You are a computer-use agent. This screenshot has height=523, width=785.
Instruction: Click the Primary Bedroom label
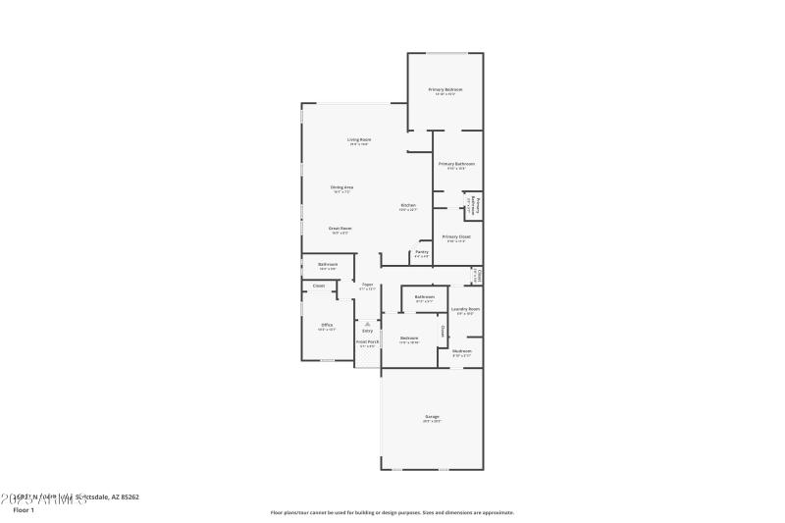pyautogui.click(x=445, y=89)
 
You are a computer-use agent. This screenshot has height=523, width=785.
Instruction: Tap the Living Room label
pyautogui.click(x=359, y=140)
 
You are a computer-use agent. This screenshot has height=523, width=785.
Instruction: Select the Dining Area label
pyautogui.click(x=341, y=186)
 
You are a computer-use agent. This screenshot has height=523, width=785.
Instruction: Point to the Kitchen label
pyautogui.click(x=408, y=205)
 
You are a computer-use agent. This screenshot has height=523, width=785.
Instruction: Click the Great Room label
pyautogui.click(x=340, y=228)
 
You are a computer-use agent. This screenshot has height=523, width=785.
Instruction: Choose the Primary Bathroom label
pyautogui.click(x=456, y=164)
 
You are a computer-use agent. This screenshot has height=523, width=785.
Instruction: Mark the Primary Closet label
pyautogui.click(x=456, y=236)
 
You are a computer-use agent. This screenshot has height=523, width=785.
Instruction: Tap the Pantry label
pyautogui.click(x=421, y=252)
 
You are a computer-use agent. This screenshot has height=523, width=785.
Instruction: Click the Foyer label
pyautogui.click(x=367, y=285)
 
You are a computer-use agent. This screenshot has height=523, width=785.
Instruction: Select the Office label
pyautogui.click(x=327, y=325)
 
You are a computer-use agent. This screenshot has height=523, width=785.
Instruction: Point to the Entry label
pyautogui.click(x=368, y=331)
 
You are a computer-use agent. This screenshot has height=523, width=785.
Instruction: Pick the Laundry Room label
pyautogui.click(x=465, y=309)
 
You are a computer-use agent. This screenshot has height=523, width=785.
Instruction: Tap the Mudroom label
pyautogui.click(x=461, y=350)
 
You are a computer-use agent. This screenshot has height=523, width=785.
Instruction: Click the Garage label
pyautogui.click(x=432, y=417)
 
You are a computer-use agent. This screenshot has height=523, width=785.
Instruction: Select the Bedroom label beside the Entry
pyautogui.click(x=409, y=339)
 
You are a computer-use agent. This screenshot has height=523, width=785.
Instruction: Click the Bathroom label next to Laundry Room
pyautogui.click(x=424, y=296)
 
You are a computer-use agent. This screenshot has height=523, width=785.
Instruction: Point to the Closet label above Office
pyautogui.click(x=319, y=286)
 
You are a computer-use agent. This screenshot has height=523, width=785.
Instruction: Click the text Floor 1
pyautogui.click(x=23, y=510)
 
